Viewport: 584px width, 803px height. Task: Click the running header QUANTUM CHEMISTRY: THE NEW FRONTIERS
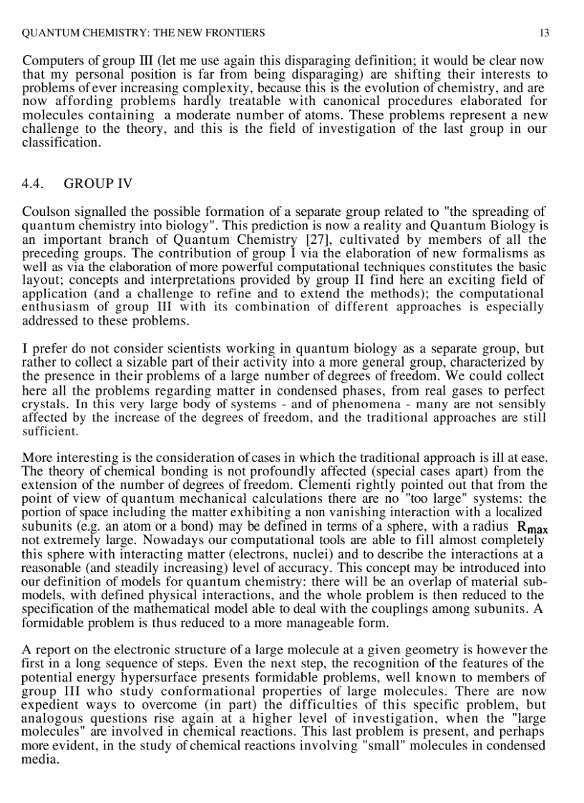click(x=144, y=33)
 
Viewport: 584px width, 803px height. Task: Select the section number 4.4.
click(x=34, y=184)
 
